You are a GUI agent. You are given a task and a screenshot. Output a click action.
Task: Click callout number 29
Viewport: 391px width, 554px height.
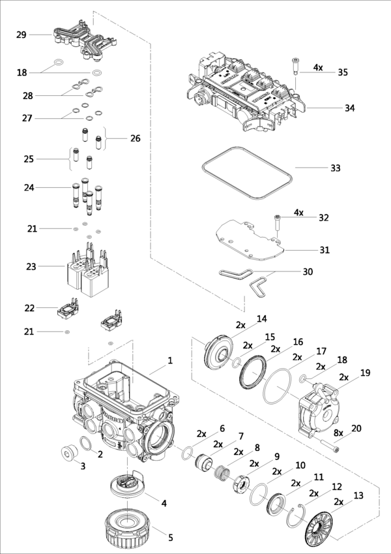(22, 34)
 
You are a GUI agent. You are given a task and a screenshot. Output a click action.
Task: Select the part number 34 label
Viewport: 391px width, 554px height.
(350, 108)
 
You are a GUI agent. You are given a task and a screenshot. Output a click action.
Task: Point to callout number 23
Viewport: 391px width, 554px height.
(31, 266)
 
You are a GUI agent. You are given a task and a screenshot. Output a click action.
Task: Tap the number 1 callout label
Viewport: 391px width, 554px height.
(170, 360)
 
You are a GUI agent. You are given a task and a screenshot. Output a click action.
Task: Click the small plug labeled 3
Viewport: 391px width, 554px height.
(66, 453)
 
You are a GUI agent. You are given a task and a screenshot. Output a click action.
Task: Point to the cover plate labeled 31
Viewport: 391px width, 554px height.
(248, 235)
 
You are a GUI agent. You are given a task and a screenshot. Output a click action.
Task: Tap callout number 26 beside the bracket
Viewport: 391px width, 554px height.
(135, 138)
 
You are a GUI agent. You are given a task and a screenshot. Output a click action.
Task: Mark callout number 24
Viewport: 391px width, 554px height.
(29, 188)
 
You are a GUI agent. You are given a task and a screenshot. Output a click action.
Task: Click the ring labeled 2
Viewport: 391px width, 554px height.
(85, 446)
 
